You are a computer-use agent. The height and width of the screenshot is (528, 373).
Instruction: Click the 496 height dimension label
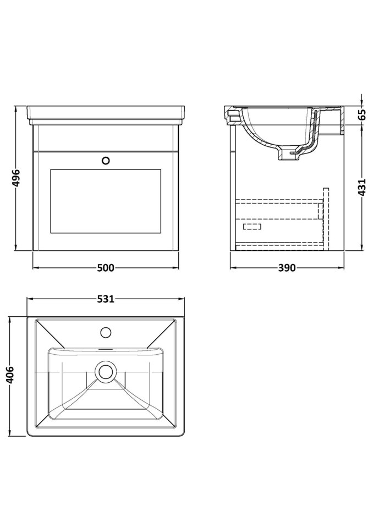[16, 178]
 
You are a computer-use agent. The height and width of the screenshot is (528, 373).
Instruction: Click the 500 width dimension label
[106, 268]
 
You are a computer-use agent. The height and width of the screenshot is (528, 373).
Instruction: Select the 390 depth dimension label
[286, 268]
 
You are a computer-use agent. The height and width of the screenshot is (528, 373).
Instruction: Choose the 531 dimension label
[106, 299]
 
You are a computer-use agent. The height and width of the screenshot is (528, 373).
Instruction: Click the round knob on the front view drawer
[106, 161]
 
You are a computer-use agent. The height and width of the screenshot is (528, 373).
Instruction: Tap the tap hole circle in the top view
[106, 332]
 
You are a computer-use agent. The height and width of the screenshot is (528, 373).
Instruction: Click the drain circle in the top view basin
[105, 371]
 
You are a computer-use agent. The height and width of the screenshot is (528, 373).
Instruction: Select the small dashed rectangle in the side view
[252, 226]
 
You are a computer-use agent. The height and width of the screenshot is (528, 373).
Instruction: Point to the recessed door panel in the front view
[106, 201]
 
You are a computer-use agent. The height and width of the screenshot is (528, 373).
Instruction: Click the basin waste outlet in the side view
[288, 155]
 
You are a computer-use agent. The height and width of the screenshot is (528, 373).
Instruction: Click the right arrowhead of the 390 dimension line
[341, 268]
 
